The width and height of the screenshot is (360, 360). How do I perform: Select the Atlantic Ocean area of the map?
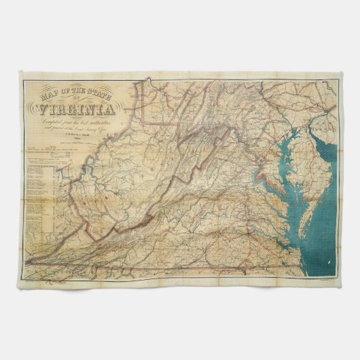(326, 224)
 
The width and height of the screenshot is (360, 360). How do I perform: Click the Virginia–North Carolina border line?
(204, 267)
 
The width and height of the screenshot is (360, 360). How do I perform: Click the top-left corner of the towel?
(19, 76)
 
